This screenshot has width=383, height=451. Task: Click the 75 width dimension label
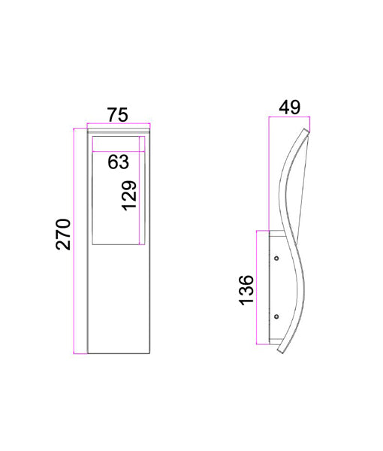[118, 114]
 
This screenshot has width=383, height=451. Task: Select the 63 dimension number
[118, 161]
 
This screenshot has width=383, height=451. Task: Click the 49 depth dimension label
[289, 107]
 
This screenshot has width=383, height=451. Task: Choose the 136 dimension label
[246, 290]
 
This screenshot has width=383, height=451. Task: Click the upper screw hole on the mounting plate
[276, 259]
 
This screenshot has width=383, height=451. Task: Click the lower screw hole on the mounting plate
[276, 316]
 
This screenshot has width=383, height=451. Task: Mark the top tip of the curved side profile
[306, 132]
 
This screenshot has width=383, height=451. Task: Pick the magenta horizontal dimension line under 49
[289, 118]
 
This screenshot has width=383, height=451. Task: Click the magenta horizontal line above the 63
[118, 152]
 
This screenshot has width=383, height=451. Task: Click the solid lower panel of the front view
[118, 301]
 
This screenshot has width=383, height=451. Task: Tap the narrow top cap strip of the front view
[118, 132]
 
